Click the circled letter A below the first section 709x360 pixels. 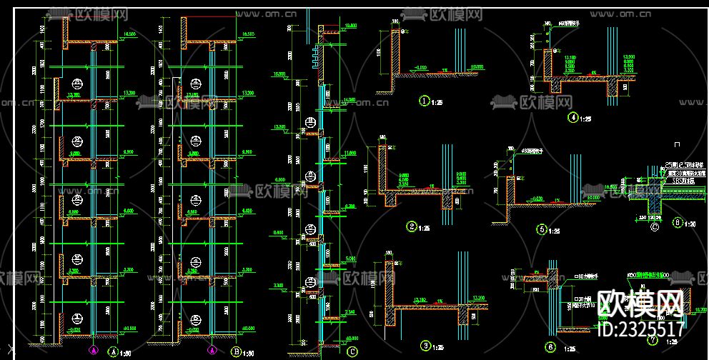pos(112,351)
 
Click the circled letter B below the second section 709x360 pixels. pos(236,351)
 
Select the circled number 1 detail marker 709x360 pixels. pos(425,101)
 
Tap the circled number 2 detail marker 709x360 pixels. pos(412,227)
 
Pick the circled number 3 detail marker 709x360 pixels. pos(426,346)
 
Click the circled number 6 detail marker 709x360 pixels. pos(550,348)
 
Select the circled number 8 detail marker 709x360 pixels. pos(678,223)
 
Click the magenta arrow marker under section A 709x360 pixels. pos(93,351)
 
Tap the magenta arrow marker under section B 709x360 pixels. pos(212,351)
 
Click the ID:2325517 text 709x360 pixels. pos(639,329)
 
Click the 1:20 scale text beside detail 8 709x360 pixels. pos(691,224)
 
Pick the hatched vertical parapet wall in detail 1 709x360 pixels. pos(395,54)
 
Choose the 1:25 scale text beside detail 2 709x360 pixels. pos(425,229)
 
